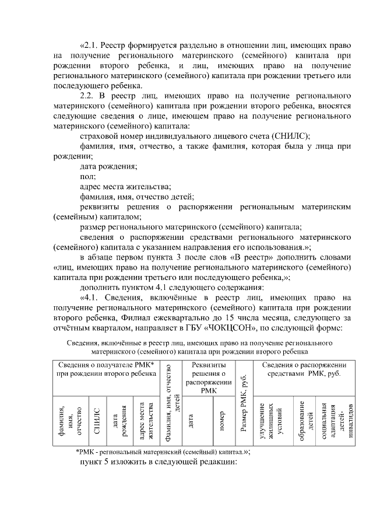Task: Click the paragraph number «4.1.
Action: coord(92,298)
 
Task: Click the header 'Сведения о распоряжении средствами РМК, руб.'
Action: coord(303,369)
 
